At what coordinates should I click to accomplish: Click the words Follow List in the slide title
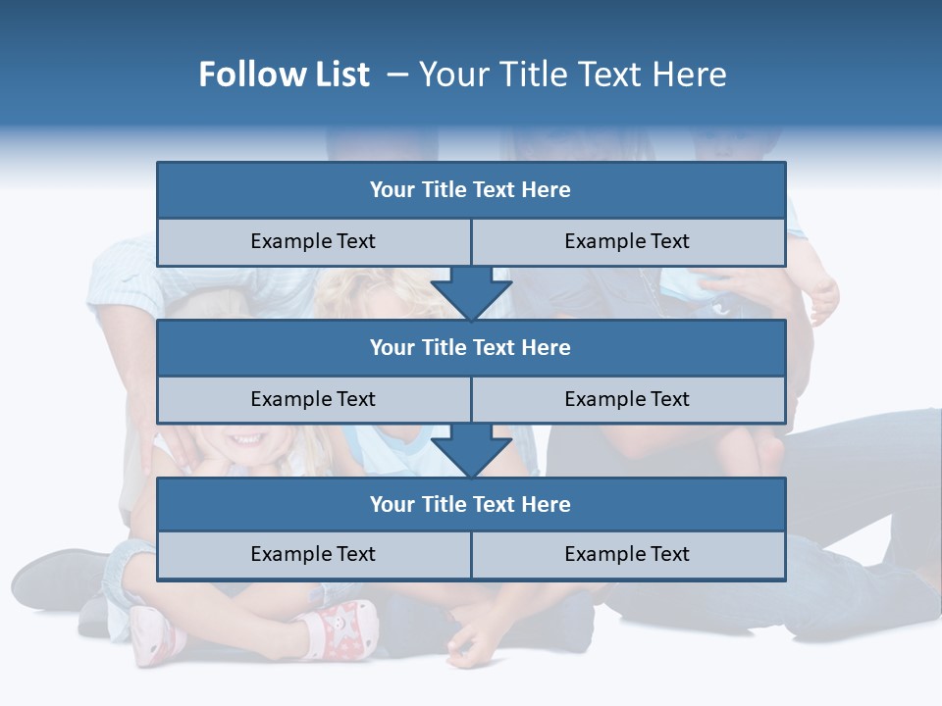[x=284, y=75]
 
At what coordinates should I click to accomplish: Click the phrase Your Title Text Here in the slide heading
[x=572, y=75]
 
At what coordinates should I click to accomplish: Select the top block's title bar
[x=471, y=190]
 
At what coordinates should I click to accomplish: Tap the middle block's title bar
[x=471, y=347]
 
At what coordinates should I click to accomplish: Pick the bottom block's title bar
[x=471, y=504]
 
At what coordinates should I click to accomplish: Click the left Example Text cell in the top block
[x=313, y=241]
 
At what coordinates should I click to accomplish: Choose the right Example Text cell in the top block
[x=627, y=241]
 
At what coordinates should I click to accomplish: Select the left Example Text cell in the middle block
[x=313, y=399]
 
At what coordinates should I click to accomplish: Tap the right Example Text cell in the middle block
[x=627, y=399]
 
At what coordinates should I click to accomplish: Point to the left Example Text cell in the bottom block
[x=313, y=554]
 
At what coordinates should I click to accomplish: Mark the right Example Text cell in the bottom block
[x=627, y=554]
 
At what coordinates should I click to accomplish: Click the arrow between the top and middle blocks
[x=471, y=292]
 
